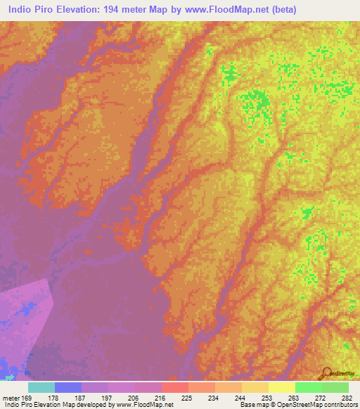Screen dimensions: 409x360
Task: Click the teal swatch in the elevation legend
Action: [x=41, y=387]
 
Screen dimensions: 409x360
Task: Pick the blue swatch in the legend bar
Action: [x=68, y=387]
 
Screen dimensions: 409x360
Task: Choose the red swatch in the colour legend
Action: [x=175, y=387]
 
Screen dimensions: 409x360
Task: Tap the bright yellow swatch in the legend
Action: [x=282, y=387]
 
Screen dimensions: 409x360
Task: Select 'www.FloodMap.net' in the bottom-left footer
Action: [x=145, y=405]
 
